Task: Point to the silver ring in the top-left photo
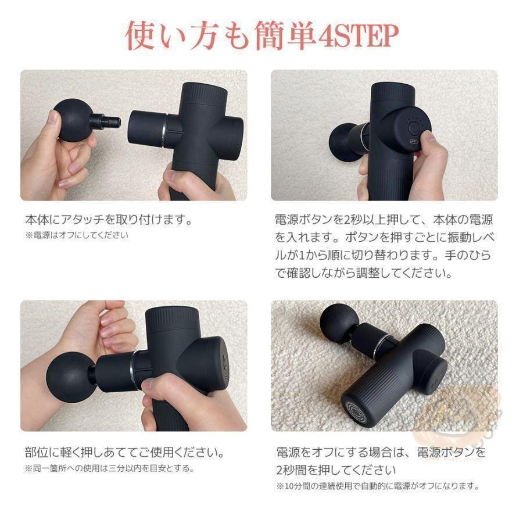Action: (x=166, y=131)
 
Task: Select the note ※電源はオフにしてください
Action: (x=76, y=235)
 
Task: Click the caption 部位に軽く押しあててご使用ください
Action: (x=124, y=452)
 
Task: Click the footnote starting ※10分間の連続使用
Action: (x=377, y=485)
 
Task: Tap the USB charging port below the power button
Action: (x=414, y=142)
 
